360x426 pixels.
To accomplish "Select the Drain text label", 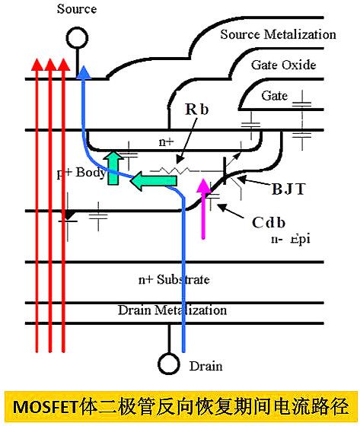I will tap(206, 367).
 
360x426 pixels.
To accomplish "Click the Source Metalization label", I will tap(278, 34).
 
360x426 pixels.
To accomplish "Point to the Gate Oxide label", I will tap(283, 65).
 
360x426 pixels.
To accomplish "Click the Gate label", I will tap(274, 96).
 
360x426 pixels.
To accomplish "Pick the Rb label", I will tap(196, 110).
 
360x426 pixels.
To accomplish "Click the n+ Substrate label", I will tap(174, 280).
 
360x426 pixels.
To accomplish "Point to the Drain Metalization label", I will tap(172, 310).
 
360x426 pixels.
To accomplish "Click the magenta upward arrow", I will tap(202, 205).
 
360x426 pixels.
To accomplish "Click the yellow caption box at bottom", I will tap(180, 404).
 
